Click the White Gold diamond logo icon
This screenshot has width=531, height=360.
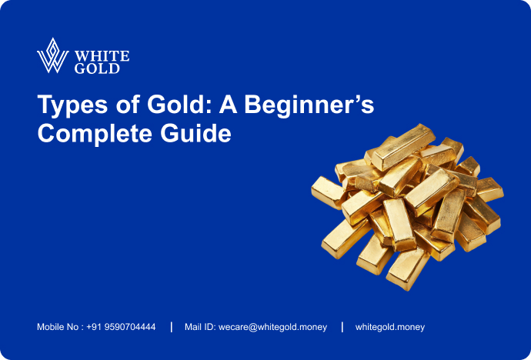pyautogui.click(x=53, y=55)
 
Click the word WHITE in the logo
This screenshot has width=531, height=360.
pyautogui.click(x=102, y=55)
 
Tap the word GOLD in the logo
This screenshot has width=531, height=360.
pyautogui.click(x=97, y=68)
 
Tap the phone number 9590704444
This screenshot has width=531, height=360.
pyautogui.click(x=130, y=327)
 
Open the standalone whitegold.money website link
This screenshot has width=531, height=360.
pyautogui.click(x=389, y=327)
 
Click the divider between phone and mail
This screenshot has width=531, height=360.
pyautogui.click(x=171, y=327)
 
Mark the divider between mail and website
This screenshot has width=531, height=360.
pyautogui.click(x=342, y=327)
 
